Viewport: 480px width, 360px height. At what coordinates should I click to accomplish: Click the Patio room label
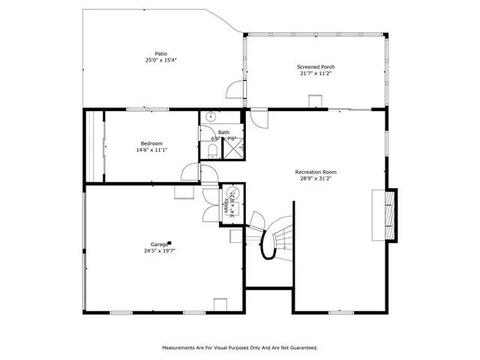pyautogui.click(x=160, y=53)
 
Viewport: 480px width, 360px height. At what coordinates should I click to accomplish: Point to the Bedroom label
pyautogui.click(x=151, y=143)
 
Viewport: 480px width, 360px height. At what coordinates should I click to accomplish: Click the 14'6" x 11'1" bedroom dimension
pyautogui.click(x=151, y=150)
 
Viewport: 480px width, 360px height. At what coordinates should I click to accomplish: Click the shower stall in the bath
pyautogui.click(x=234, y=150)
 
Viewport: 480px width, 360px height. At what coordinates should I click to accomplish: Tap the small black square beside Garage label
pyautogui.click(x=170, y=242)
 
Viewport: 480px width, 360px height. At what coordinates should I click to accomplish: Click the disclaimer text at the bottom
pyautogui.click(x=240, y=348)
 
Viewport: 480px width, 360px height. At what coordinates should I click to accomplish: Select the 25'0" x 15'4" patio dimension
pyautogui.click(x=160, y=60)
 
